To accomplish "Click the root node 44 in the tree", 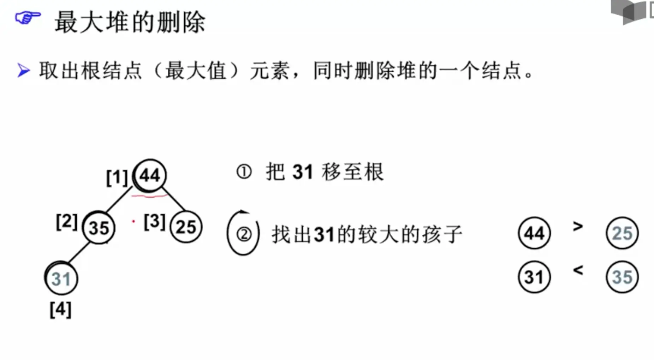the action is tap(150, 175).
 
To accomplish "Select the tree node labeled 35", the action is tap(99, 227).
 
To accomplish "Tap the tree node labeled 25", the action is tap(186, 227).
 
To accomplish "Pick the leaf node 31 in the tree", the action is tap(61, 279).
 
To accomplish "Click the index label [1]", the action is tap(117, 177).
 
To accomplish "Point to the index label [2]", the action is tap(66, 222).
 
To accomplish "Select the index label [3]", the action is tap(154, 222).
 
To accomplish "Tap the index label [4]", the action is tap(60, 310).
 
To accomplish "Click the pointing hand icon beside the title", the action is tap(28, 18).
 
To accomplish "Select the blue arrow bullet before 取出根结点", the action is tap(24, 70).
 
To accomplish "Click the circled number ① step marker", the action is tap(244, 172).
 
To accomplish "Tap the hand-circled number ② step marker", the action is tap(243, 234).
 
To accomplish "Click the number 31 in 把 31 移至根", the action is tap(303, 172).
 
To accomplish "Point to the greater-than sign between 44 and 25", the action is tap(578, 226).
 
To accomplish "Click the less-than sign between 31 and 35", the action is tap(578, 270).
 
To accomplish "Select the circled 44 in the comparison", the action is tap(534, 233).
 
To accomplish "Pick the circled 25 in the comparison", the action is tap(622, 233).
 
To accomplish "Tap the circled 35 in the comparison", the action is tap(622, 277).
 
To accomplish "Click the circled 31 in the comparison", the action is tap(534, 277).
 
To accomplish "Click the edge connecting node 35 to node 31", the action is tap(78, 253).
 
